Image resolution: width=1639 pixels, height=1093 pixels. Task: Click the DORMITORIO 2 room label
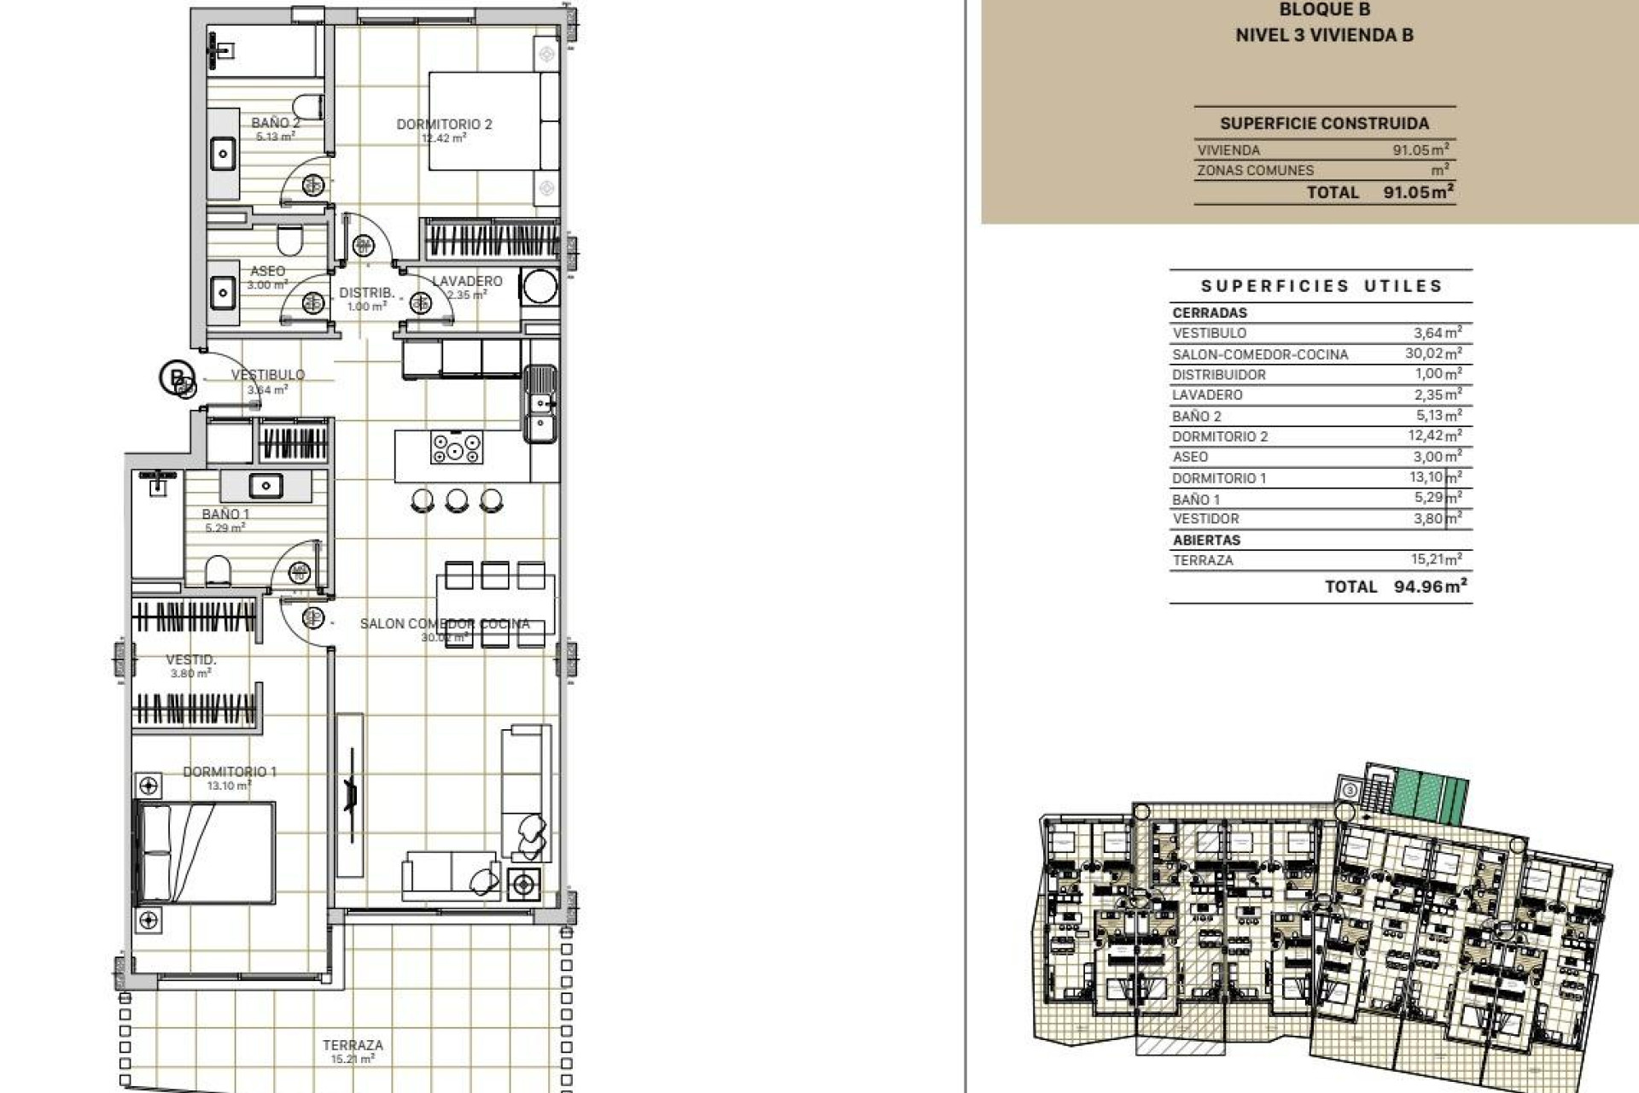pyautogui.click(x=444, y=125)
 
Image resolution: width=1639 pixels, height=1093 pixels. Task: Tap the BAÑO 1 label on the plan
pyautogui.click(x=225, y=514)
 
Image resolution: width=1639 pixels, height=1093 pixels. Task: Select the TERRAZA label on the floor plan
pyautogui.click(x=353, y=1045)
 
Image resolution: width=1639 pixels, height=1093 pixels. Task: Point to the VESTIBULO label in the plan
pyautogui.click(x=268, y=375)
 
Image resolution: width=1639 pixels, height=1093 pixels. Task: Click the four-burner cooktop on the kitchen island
pyautogui.click(x=457, y=447)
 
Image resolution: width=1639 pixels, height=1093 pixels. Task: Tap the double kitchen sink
pyautogui.click(x=540, y=403)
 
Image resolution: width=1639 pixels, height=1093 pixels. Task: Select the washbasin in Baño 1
pyautogui.click(x=265, y=486)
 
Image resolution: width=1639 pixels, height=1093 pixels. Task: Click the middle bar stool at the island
pyautogui.click(x=457, y=500)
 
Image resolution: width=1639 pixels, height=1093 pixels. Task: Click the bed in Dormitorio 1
pyautogui.click(x=206, y=852)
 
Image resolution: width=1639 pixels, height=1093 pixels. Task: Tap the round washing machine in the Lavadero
pyautogui.click(x=540, y=287)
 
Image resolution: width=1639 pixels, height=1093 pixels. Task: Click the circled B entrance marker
pyautogui.click(x=176, y=377)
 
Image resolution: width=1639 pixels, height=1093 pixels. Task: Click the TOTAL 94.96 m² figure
pyautogui.click(x=1430, y=587)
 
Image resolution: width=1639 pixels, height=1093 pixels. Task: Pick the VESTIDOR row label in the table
pyautogui.click(x=1205, y=519)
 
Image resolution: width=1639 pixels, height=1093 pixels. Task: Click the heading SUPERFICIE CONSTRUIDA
pyautogui.click(x=1324, y=124)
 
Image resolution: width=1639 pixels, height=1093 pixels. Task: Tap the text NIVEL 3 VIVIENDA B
pyautogui.click(x=1324, y=35)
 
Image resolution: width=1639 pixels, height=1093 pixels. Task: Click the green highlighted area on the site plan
pyautogui.click(x=1428, y=796)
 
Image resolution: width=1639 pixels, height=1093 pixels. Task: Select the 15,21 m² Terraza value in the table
pyautogui.click(x=1436, y=560)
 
